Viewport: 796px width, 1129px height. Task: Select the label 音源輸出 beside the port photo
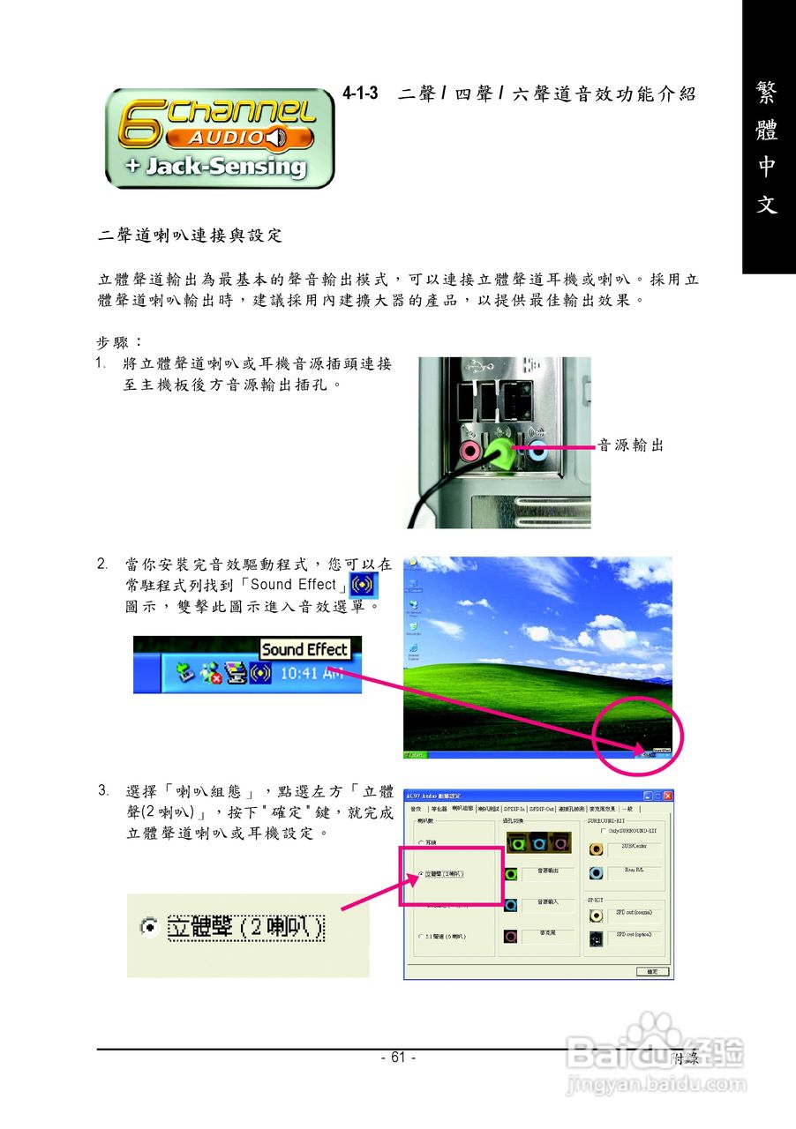630,446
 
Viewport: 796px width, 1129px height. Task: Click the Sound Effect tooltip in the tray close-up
304,650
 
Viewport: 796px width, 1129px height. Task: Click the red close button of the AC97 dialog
667,796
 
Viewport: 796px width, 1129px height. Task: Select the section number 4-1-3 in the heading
361,93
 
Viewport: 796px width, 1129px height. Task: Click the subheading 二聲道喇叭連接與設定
190,236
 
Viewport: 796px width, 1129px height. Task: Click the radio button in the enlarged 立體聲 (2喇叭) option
150,927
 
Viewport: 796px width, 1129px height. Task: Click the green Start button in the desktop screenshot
414,755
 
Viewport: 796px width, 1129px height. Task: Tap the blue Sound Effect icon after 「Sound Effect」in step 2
363,584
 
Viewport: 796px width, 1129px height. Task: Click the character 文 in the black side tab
767,205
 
